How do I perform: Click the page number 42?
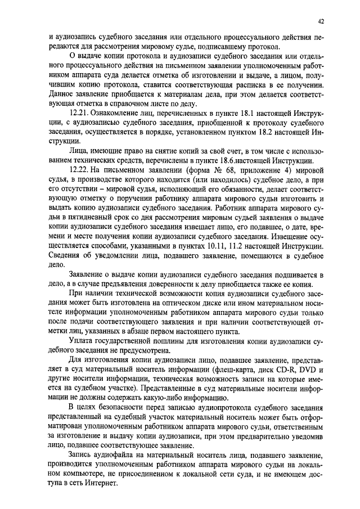(x=321, y=21)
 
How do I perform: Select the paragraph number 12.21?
(x=78, y=114)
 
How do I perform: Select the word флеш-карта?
(x=240, y=371)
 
